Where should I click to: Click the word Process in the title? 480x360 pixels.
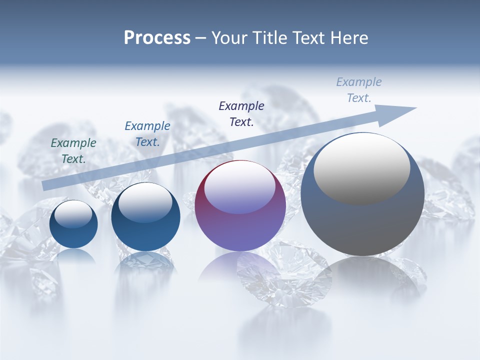point(157,38)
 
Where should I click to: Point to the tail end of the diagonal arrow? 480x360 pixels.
point(44,186)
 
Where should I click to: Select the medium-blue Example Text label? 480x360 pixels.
point(147,134)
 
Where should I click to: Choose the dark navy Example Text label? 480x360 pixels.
point(241,114)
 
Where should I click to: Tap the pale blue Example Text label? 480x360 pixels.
point(359,90)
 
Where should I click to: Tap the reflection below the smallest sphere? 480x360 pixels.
point(73,256)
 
